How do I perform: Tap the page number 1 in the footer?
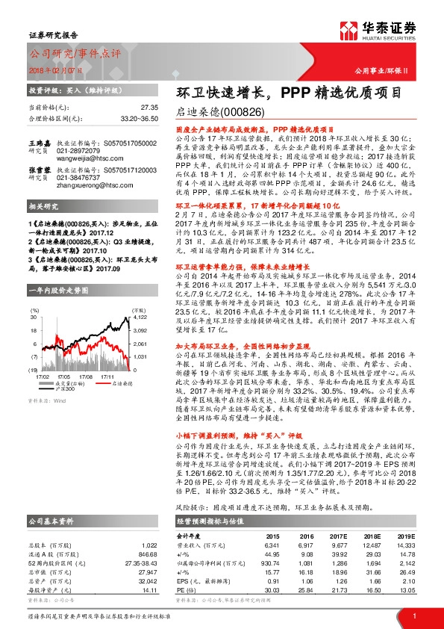click(x=413, y=615)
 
